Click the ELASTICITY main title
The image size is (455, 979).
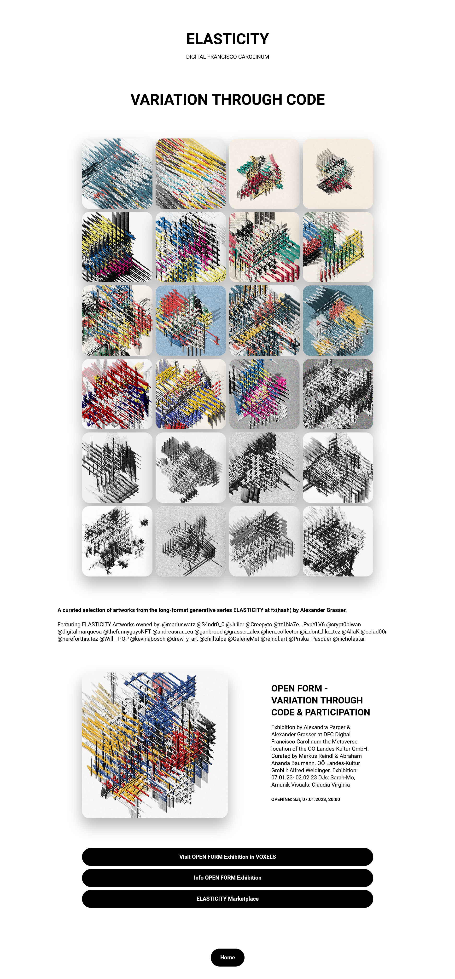pyautogui.click(x=227, y=39)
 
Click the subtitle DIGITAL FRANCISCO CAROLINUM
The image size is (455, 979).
pyautogui.click(x=227, y=57)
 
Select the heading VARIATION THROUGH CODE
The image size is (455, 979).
pyautogui.click(x=227, y=100)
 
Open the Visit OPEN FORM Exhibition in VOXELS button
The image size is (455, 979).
pyautogui.click(x=227, y=857)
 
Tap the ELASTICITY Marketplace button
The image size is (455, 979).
pyautogui.click(x=227, y=898)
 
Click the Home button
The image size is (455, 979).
pyautogui.click(x=227, y=957)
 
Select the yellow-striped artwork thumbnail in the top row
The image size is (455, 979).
pyautogui.click(x=190, y=173)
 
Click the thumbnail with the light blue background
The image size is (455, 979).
pyautogui.click(x=190, y=320)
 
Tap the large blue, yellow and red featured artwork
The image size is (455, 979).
pyautogui.click(x=155, y=745)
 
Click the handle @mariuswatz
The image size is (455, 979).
pyautogui.click(x=178, y=624)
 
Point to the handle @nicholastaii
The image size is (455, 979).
pyautogui.click(x=349, y=639)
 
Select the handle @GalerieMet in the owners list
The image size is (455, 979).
pyautogui.click(x=243, y=639)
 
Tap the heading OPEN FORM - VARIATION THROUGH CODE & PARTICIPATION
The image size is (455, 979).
pyautogui.click(x=321, y=700)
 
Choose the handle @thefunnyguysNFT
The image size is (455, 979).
pyautogui.click(x=127, y=632)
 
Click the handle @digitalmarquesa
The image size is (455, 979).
pyautogui.click(x=79, y=632)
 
